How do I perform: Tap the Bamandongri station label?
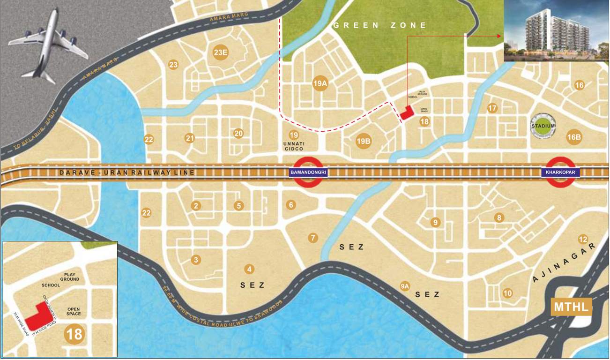point(308,172)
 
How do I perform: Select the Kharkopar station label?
point(561,172)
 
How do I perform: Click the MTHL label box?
point(571,308)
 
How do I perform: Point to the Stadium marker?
point(543,126)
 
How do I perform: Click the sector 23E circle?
point(221,52)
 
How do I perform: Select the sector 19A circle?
point(320,84)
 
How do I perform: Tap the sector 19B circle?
point(364,141)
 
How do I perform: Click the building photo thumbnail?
point(556,31)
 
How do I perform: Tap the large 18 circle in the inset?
point(74,334)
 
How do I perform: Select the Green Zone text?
point(380,25)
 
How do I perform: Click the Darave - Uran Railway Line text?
point(126,173)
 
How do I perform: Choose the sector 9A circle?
point(405,285)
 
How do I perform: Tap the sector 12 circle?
point(583,239)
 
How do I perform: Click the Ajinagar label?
point(565,265)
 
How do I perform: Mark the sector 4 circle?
point(249,269)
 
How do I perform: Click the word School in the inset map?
point(51,285)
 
